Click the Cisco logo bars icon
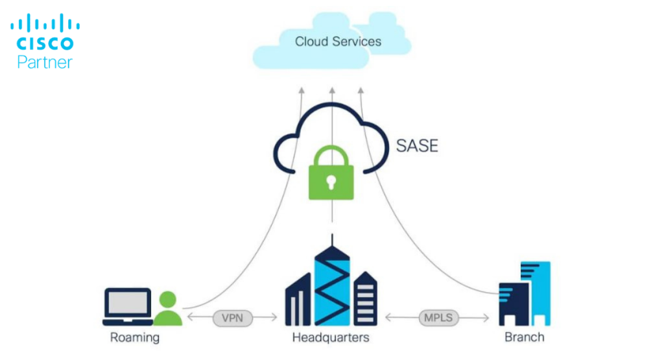pos(45,24)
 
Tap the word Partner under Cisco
pos(45,62)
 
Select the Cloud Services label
pos(338,42)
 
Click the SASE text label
pos(417,145)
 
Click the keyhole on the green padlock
pos(333,180)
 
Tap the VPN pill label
pos(232,318)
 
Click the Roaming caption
pos(135,337)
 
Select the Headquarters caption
pos(331,337)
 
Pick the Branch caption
pos(525,337)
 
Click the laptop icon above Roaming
pos(127,306)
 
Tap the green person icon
pos(168,309)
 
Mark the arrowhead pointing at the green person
pos(190,318)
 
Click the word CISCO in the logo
pos(45,44)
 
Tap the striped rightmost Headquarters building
pos(366,298)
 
